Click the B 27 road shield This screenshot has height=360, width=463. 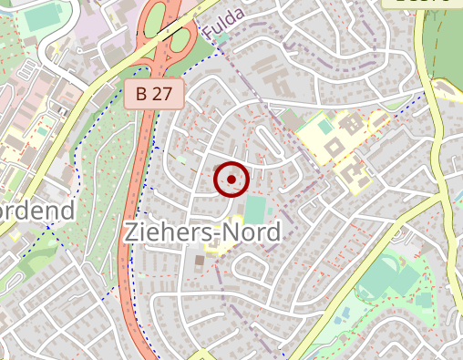tap(155, 93)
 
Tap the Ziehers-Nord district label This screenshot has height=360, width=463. tap(202, 231)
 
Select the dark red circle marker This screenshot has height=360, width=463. tap(231, 180)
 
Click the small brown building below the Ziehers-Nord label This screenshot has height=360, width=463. tap(200, 262)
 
